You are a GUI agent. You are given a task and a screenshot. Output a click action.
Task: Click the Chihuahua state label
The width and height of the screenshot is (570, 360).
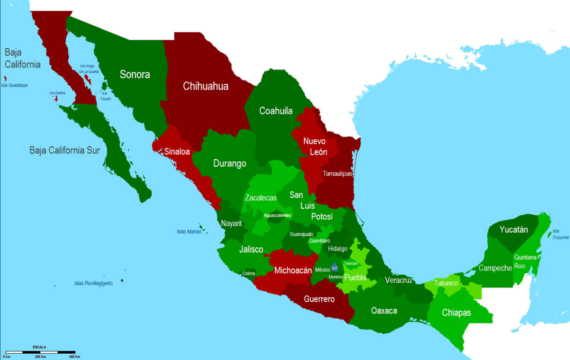pyautogui.click(x=206, y=86)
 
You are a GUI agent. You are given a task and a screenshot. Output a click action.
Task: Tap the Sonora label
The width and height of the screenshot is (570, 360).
pyautogui.click(x=135, y=74)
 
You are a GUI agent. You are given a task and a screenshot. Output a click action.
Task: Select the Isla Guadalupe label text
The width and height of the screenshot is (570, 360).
pyautogui.click(x=15, y=85)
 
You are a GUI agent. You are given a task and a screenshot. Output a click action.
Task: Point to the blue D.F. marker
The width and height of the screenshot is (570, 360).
pyautogui.click(x=334, y=268)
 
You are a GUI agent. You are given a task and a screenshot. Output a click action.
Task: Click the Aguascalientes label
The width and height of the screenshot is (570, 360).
pyautogui.click(x=277, y=215)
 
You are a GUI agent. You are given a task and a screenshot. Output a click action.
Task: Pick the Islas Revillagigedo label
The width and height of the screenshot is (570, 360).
pyautogui.click(x=93, y=283)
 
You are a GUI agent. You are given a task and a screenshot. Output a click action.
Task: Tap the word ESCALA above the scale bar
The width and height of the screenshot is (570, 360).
pyautogui.click(x=39, y=347)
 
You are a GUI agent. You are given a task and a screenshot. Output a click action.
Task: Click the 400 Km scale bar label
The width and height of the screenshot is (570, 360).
pyautogui.click(x=75, y=357)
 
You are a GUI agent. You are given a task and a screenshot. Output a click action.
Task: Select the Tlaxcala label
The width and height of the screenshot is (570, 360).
pyautogui.click(x=351, y=263)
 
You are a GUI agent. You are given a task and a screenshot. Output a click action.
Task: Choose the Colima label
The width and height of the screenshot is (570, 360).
pyautogui.click(x=249, y=273)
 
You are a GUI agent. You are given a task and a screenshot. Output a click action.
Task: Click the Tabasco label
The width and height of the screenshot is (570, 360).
pyautogui.click(x=446, y=283)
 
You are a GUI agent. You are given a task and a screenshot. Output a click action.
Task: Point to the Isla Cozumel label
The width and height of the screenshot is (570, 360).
pyautogui.click(x=560, y=234)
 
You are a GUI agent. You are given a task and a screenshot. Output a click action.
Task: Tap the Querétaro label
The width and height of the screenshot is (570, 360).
pyautogui.click(x=319, y=241)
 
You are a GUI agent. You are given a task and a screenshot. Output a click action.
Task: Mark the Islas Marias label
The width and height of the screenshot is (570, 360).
pyautogui.click(x=189, y=232)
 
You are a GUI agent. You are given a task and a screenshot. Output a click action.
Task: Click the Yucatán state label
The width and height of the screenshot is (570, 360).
pyautogui.click(x=513, y=229)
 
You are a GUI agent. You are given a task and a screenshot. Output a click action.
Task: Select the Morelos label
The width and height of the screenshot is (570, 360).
pyautogui.click(x=336, y=277)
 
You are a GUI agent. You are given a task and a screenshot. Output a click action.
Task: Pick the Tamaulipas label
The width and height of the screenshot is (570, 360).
pyautogui.click(x=337, y=173)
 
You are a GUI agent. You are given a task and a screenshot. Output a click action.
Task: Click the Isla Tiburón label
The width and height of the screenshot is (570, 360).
pyautogui.click(x=105, y=96)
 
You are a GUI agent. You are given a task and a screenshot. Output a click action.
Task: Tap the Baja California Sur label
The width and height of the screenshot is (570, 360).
pyautogui.click(x=65, y=150)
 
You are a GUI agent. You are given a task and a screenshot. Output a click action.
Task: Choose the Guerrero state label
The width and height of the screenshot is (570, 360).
pyautogui.click(x=319, y=299)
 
